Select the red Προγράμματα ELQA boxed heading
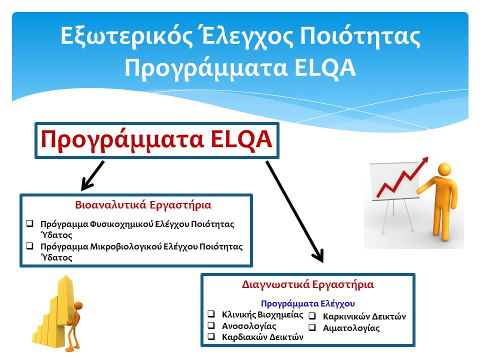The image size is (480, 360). coord(156,139)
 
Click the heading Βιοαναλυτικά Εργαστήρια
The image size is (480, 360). coord(143,205)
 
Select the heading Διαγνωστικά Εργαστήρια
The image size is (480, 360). coord(307,284)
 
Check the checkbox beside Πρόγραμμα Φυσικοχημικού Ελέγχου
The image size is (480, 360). coord(30,223)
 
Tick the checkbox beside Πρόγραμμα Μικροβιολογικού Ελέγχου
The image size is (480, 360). coord(30,246)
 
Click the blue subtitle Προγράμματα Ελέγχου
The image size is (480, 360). coord(308,303)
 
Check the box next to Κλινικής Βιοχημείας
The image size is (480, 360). coord(211,314)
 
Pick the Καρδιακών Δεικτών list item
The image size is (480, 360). coord(262,337)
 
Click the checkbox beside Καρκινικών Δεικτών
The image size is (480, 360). coord(312,316)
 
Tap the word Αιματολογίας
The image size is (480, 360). coord(351,328)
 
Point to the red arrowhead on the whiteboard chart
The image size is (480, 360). coord(424,161)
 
